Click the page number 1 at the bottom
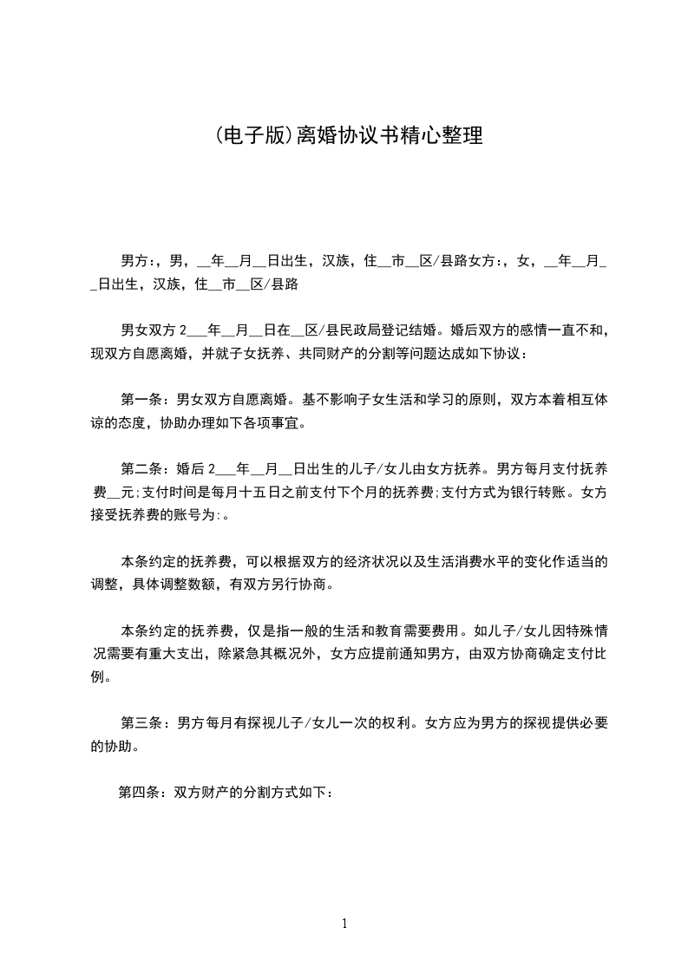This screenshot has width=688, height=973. [344, 924]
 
